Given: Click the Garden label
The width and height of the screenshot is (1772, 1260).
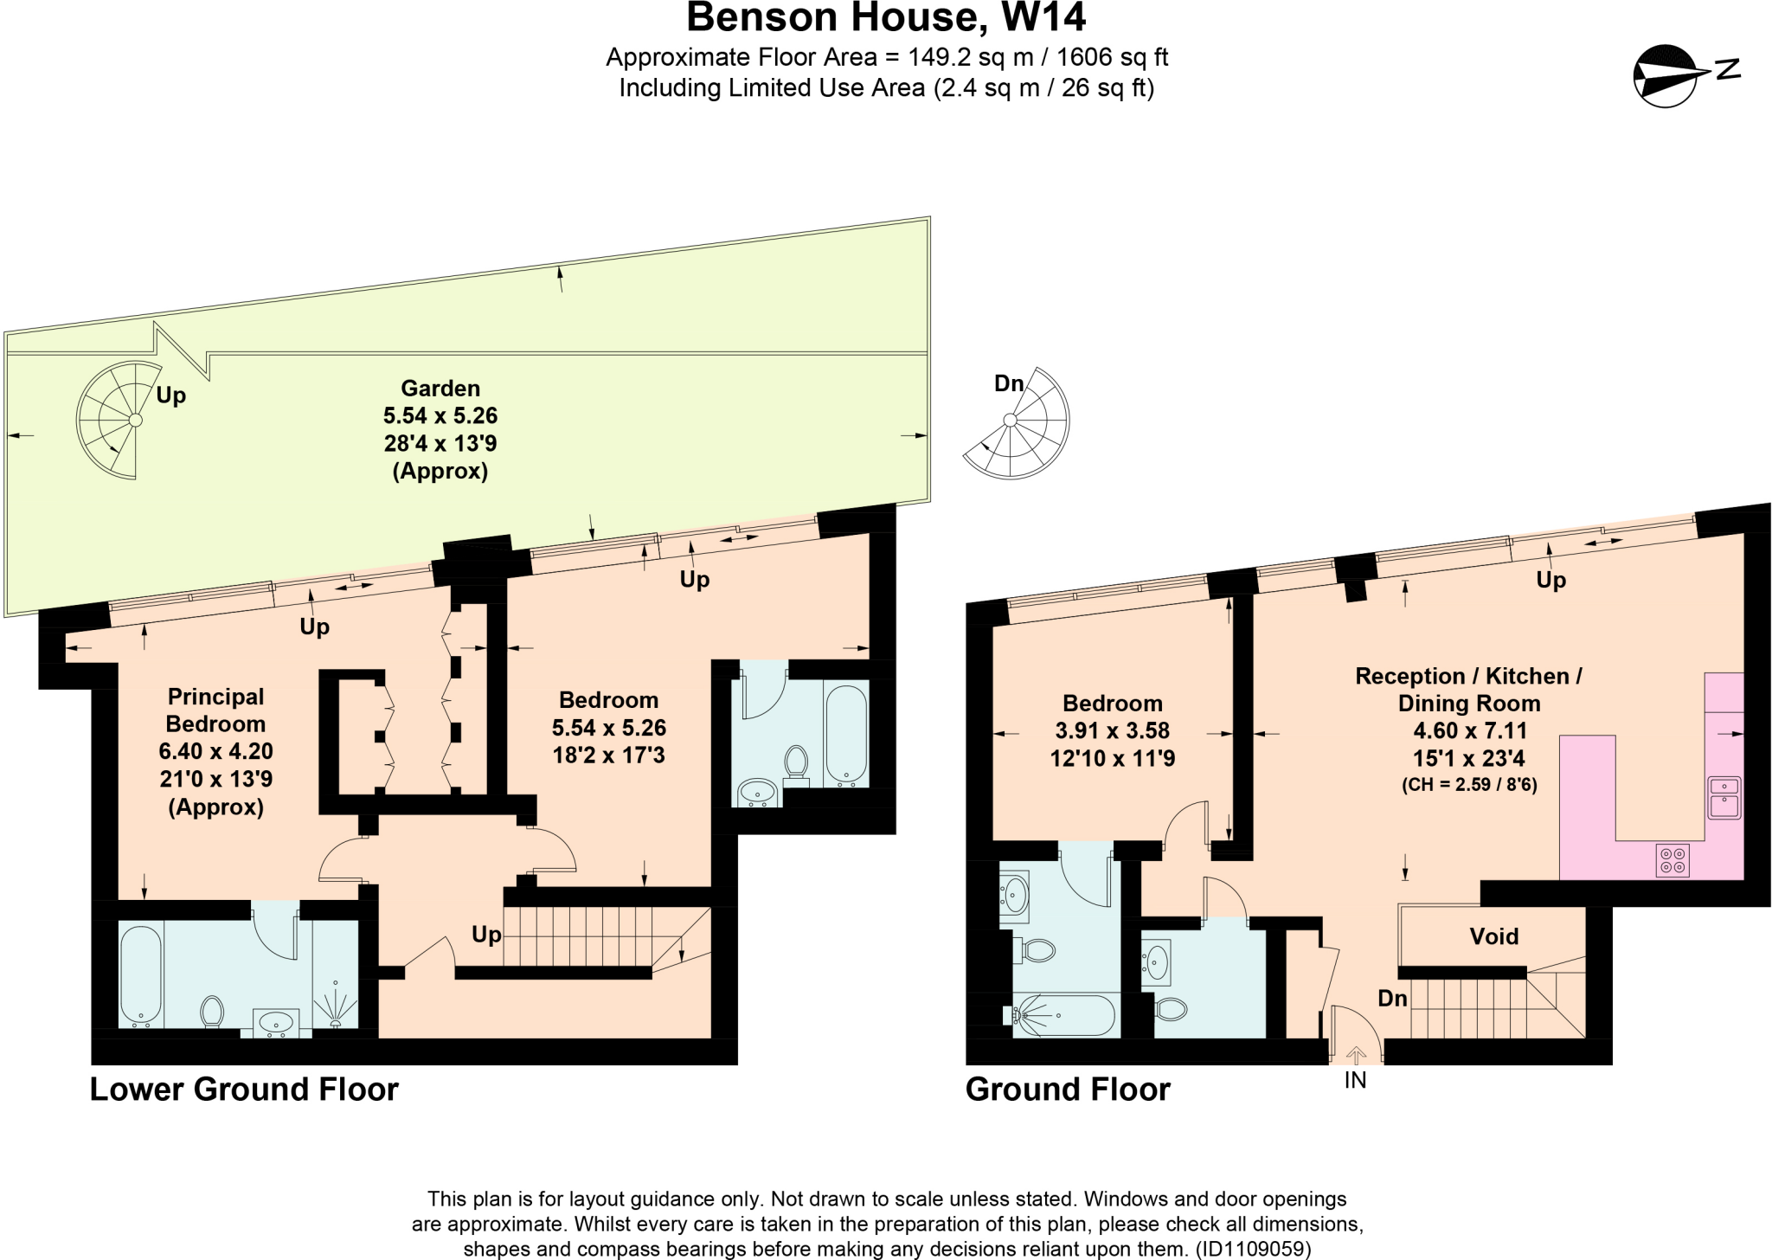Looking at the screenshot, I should tap(440, 389).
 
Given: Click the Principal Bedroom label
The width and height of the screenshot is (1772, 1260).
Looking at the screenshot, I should tap(215, 710).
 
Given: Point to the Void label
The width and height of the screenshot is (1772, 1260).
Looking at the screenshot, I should tap(1493, 936).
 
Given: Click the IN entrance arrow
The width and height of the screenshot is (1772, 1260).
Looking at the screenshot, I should tap(1355, 1057).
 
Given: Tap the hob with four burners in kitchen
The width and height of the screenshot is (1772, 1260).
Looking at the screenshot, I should tap(1672, 859).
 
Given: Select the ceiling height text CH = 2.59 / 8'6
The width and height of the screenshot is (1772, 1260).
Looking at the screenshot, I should tap(1469, 787).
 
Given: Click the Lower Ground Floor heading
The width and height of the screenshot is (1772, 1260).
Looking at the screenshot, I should tap(244, 1090).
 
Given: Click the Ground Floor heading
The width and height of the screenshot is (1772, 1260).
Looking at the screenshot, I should tap(1068, 1090).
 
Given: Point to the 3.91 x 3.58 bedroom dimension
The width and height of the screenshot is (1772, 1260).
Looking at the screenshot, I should tap(1112, 730).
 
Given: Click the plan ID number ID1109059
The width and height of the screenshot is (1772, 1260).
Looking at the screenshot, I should tap(1253, 1250).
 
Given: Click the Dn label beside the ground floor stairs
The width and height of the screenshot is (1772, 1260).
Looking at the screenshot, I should tap(1392, 998).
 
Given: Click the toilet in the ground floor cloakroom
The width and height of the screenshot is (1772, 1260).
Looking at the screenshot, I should tap(1170, 1009).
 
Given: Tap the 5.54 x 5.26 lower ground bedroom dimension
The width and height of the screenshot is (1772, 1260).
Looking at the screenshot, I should tap(609, 728).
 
